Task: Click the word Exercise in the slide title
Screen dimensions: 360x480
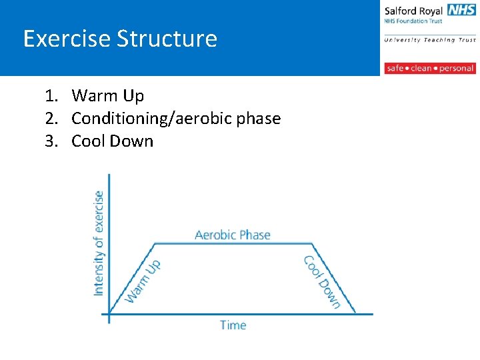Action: [x=67, y=39]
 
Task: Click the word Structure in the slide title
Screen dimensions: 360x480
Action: [x=167, y=39]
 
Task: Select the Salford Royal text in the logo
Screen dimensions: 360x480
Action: [x=413, y=11]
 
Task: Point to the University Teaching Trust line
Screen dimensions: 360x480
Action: [x=429, y=40]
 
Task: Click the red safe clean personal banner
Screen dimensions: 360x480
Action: [x=429, y=68]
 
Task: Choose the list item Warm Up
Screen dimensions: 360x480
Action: [x=107, y=96]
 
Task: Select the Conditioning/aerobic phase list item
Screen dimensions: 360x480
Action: [x=176, y=119]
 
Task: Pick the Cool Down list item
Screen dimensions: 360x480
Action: [x=112, y=141]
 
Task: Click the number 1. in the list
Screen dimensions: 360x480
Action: [x=52, y=96]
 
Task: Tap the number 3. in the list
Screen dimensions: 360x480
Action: [x=52, y=141]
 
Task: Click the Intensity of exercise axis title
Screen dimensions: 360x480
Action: [x=99, y=243]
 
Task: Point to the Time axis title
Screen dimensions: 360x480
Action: [x=233, y=325]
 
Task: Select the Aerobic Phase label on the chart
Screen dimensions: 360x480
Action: [x=232, y=235]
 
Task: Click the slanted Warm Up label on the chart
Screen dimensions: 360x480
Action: [x=143, y=281]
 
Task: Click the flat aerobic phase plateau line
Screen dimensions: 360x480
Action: [x=233, y=243]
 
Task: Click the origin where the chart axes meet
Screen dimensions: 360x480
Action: [x=109, y=313]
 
